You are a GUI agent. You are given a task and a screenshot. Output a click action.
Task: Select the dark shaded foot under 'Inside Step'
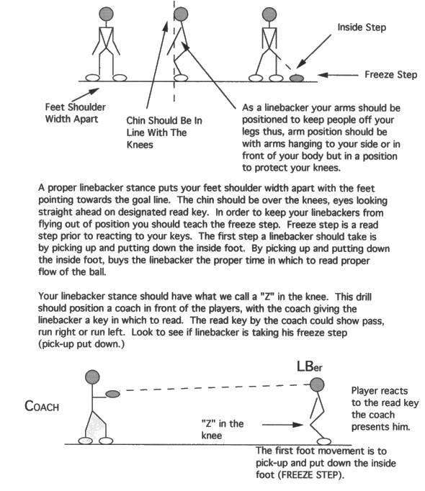295,76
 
